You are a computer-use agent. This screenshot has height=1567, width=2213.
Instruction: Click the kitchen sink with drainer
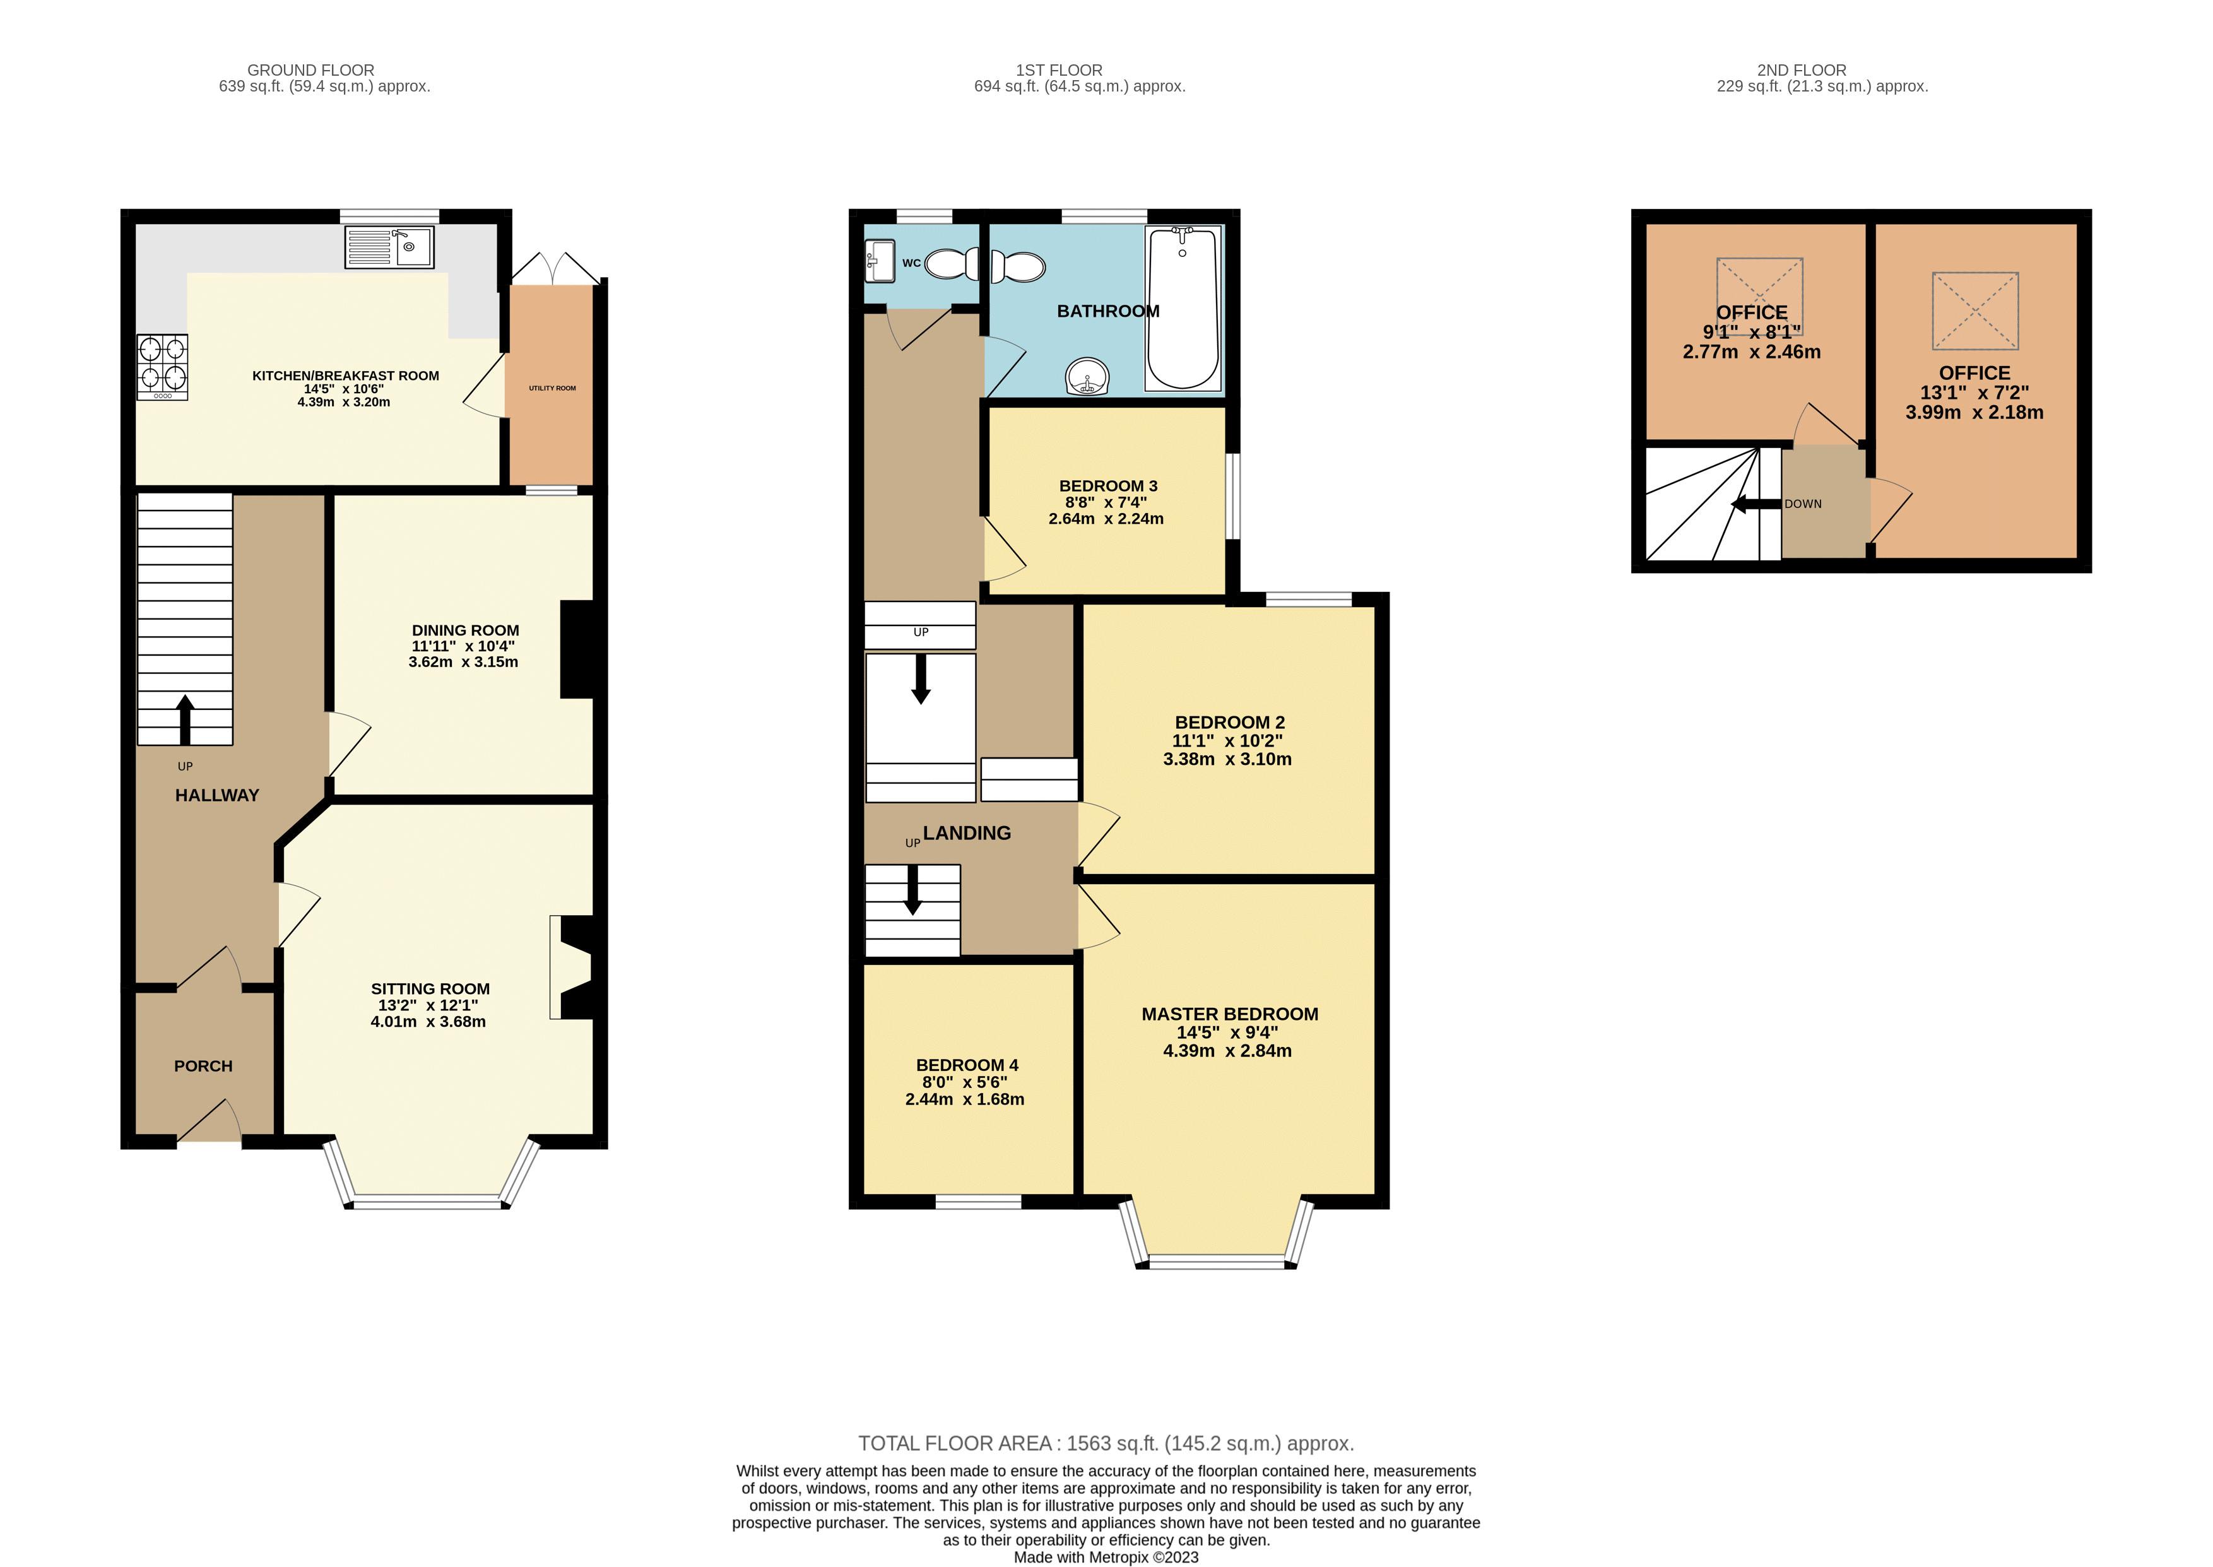click(x=389, y=247)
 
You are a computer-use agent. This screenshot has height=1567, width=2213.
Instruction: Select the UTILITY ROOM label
click(x=552, y=388)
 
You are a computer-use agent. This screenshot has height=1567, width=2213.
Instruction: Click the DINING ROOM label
click(x=465, y=630)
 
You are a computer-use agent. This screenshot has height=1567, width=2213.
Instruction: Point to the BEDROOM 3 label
click(x=1107, y=485)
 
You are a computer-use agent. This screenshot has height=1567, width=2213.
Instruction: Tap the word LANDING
click(x=967, y=832)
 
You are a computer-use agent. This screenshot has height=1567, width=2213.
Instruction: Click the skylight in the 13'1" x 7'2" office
click(x=1974, y=310)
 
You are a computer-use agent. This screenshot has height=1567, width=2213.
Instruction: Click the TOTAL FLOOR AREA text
click(x=1106, y=1443)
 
